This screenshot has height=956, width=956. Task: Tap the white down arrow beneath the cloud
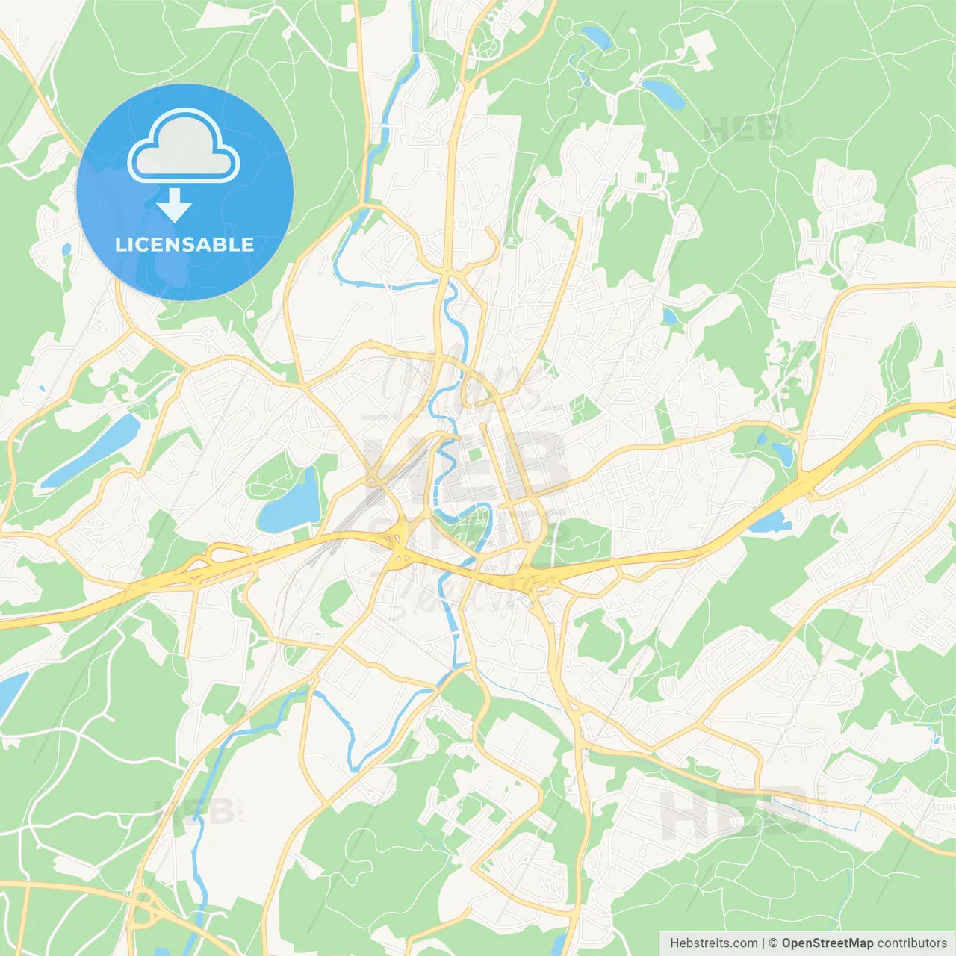pos(174,205)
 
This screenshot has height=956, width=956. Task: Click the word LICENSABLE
pos(184,244)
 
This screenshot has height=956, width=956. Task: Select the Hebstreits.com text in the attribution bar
pos(713,943)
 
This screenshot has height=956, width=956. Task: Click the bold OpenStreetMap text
pos(828,943)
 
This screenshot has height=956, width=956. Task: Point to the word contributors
pos(912,943)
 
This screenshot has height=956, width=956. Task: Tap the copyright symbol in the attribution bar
pos(774,943)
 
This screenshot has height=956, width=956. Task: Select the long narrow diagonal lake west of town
pos(90,451)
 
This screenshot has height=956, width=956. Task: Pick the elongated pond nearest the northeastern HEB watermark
pos(663,93)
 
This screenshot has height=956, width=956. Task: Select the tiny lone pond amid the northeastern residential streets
pos(670,317)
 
